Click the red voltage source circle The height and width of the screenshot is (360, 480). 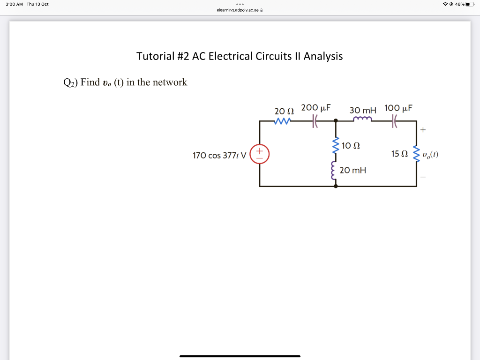(x=259, y=154)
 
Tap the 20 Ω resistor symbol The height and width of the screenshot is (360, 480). (x=283, y=121)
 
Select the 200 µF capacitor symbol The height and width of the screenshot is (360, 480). (x=315, y=121)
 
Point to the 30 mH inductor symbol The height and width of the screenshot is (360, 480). (x=362, y=120)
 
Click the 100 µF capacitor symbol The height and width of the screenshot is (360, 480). (x=394, y=121)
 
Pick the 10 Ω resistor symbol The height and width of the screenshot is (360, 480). (x=335, y=145)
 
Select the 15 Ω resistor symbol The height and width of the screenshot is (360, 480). (x=416, y=154)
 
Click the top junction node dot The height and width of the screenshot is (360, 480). (x=335, y=121)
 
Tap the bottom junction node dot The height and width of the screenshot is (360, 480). (x=335, y=186)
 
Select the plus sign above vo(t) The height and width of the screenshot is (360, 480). (x=423, y=129)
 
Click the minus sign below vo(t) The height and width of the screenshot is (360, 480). (x=423, y=177)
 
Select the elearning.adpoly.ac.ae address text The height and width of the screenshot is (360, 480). (x=238, y=10)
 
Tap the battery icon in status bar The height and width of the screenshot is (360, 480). (x=470, y=4)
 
